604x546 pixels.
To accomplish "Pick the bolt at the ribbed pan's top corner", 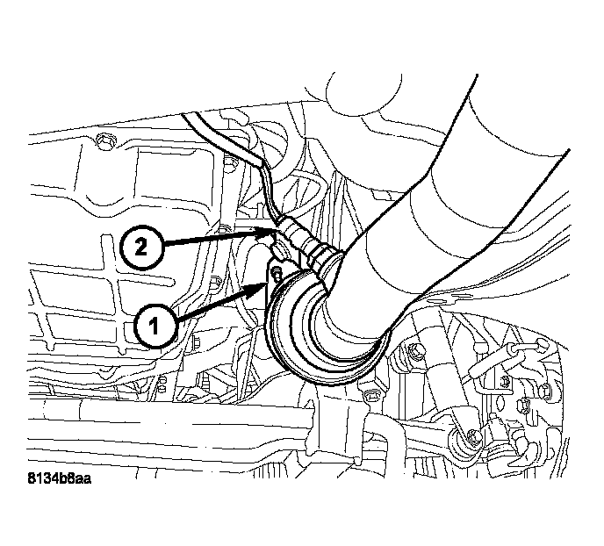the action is pos(105,140).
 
